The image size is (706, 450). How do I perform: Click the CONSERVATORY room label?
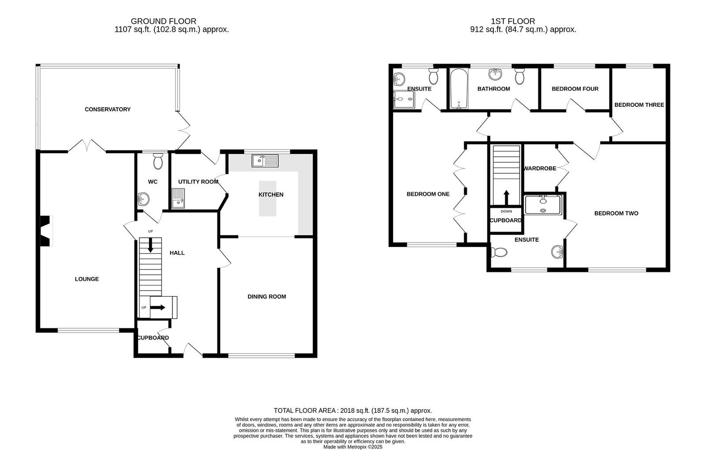pyautogui.click(x=107, y=109)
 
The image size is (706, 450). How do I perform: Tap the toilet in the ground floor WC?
pyautogui.click(x=158, y=162)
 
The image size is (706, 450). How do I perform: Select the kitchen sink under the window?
pyautogui.click(x=265, y=161)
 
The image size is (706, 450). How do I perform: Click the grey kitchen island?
pyautogui.click(x=267, y=199)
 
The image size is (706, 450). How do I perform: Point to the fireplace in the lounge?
pyautogui.click(x=45, y=231)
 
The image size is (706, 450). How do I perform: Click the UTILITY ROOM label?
pyautogui.click(x=198, y=182)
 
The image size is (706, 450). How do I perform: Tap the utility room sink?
pyautogui.click(x=178, y=198)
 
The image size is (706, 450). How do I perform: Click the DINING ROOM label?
pyautogui.click(x=267, y=296)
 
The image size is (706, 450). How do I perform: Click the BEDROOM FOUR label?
pyautogui.click(x=575, y=89)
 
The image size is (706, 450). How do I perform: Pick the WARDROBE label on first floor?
pyautogui.click(x=540, y=169)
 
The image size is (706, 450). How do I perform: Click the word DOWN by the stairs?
pyautogui.click(x=506, y=211)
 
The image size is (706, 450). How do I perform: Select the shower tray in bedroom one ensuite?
pyautogui.click(x=404, y=100)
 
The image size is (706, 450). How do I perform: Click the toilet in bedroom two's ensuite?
pyautogui.click(x=499, y=253)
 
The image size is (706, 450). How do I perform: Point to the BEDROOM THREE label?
pyautogui.click(x=639, y=105)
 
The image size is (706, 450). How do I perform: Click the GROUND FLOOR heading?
pyautogui.click(x=163, y=21)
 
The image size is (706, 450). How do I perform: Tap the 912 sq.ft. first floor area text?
pyautogui.click(x=523, y=30)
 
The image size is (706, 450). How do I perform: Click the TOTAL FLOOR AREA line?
pyautogui.click(x=353, y=410)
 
